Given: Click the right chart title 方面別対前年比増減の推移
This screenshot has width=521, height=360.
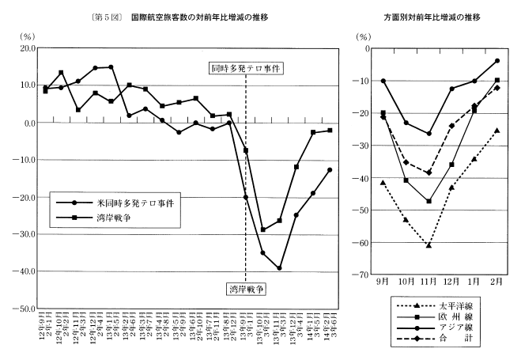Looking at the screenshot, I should tap(432, 17).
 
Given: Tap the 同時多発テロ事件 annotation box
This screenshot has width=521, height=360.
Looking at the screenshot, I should tap(246, 69).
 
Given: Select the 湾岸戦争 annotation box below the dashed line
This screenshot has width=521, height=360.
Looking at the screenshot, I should tap(246, 289).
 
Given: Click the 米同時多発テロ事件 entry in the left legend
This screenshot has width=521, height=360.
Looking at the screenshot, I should tap(122, 202).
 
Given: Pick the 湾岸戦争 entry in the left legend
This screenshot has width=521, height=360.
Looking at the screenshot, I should tap(103, 216).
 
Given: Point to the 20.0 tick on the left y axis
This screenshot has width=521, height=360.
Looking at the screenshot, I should tap(28, 48).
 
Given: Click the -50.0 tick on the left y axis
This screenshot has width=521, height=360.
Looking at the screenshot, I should tap(26, 308).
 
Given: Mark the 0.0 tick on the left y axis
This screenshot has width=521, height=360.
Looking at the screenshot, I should tap(30, 123).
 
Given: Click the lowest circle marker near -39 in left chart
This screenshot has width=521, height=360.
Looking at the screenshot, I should tap(280, 268).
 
